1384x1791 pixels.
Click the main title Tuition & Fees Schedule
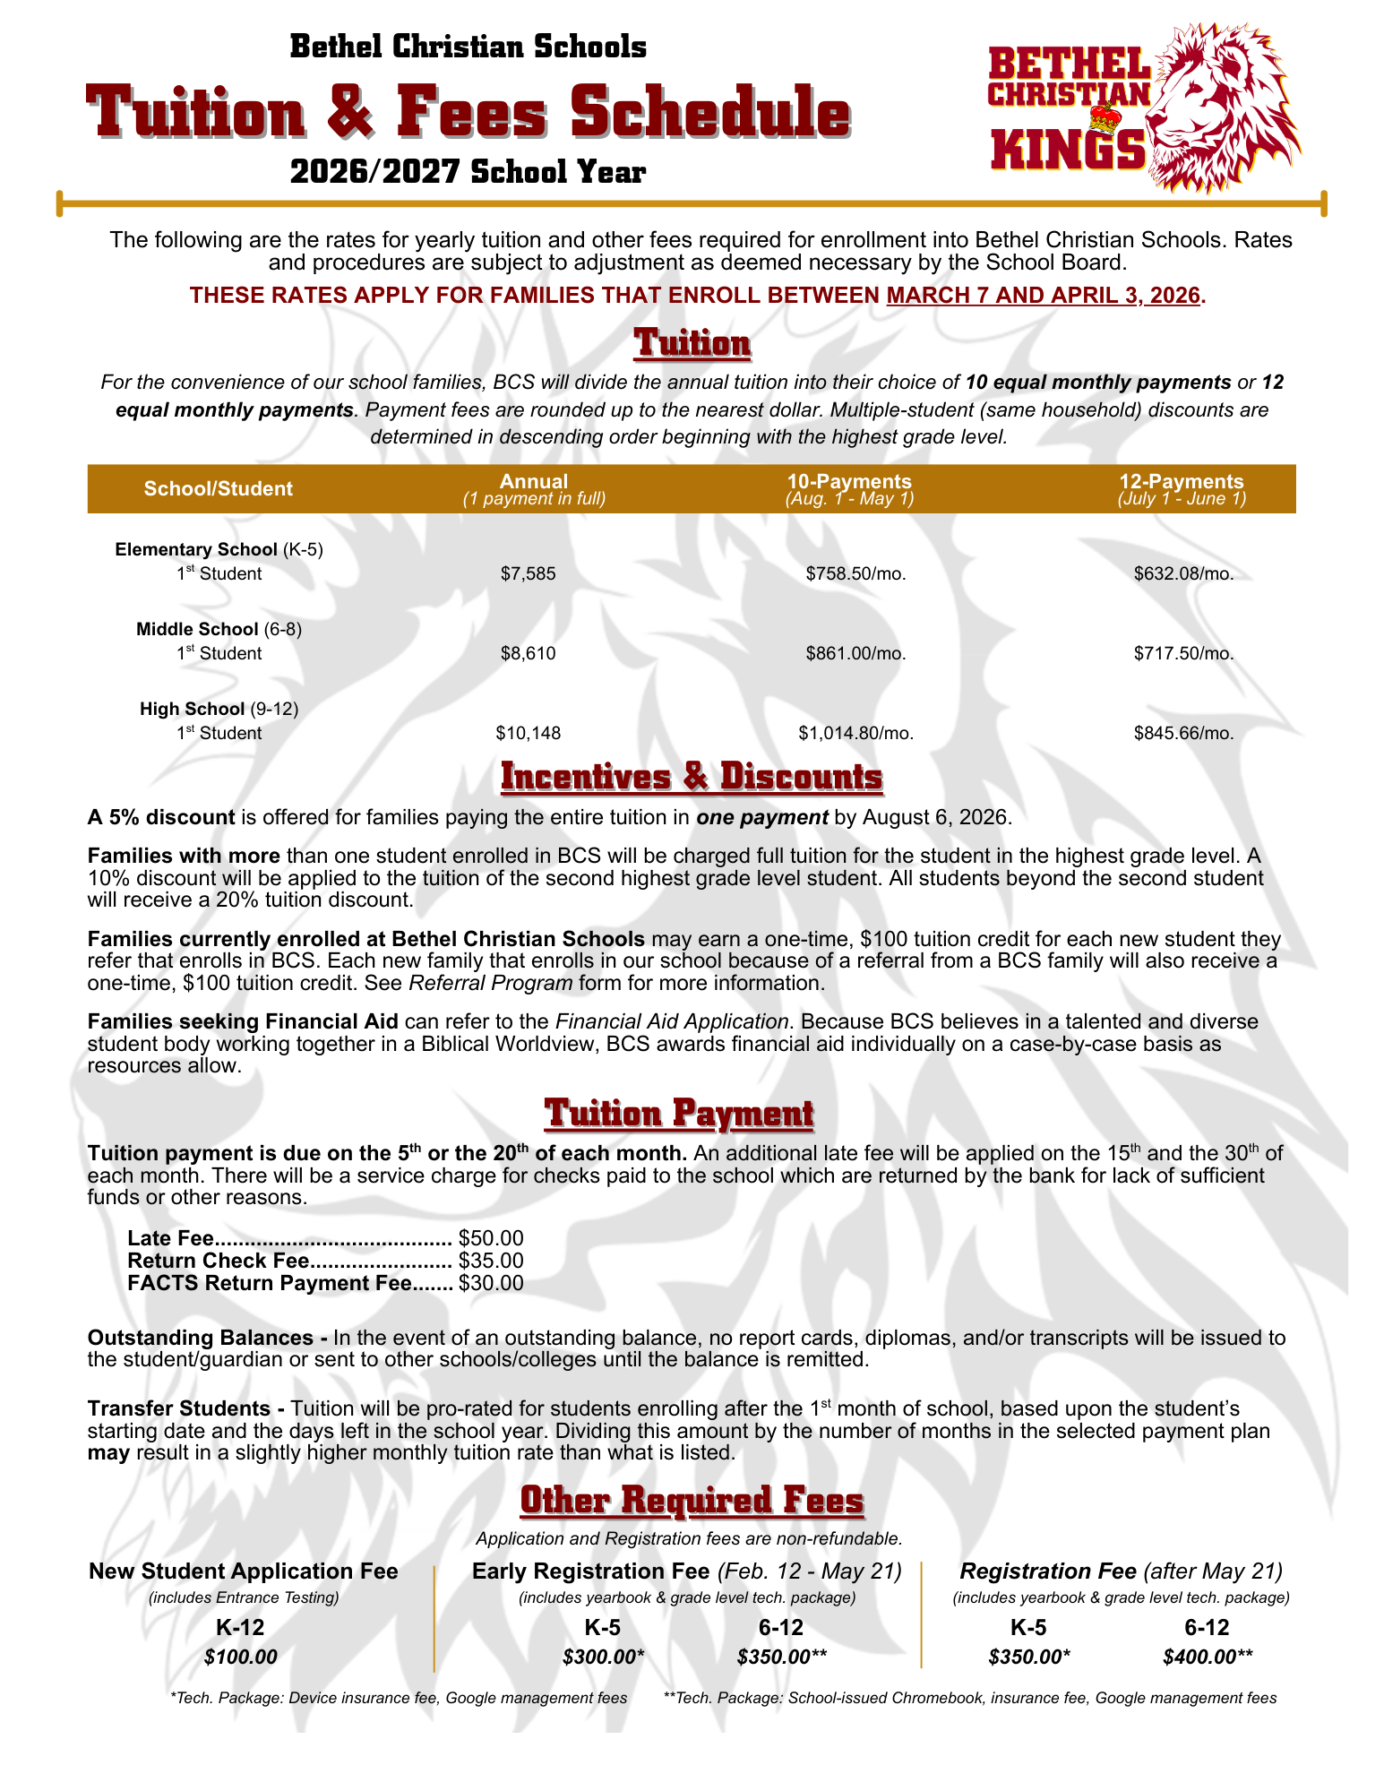pos(468,113)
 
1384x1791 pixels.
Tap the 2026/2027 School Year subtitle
pos(468,171)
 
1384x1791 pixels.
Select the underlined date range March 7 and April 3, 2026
pos(1042,295)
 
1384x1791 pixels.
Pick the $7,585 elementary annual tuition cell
pos(528,573)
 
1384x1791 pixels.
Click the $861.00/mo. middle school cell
pos(855,653)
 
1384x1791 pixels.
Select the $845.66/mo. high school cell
pos(1183,733)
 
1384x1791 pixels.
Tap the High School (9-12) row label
pos(219,709)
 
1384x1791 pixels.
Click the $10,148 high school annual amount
pos(528,733)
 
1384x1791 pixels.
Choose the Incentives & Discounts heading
pos(692,777)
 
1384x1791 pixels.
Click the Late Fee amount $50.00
pos(490,1238)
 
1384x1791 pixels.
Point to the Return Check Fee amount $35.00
pos(490,1261)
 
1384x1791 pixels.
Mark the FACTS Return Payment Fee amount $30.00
pos(490,1283)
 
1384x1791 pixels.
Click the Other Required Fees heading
pos(692,1501)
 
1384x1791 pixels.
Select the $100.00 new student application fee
pos(240,1657)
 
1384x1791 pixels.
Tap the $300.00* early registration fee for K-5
pos(603,1657)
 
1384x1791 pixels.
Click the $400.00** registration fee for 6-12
pos(1208,1657)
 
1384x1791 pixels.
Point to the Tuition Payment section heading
pos(679,1114)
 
